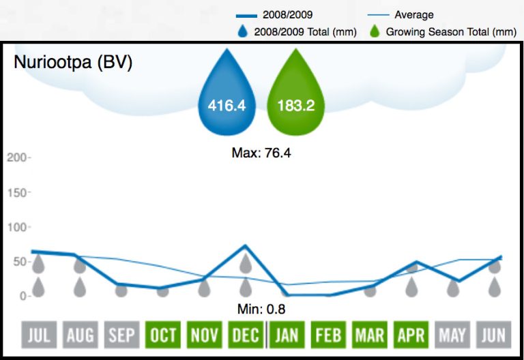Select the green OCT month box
pyautogui.click(x=162, y=335)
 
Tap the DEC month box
pyautogui.click(x=245, y=335)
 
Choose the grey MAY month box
pyautogui.click(x=452, y=335)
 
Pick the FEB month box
pyautogui.click(x=327, y=335)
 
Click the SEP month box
pyautogui.click(x=121, y=335)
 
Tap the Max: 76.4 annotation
pyautogui.click(x=261, y=153)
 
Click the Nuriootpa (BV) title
pyautogui.click(x=74, y=63)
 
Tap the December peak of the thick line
pyautogui.click(x=245, y=245)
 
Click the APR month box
pyautogui.click(x=410, y=335)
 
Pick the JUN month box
pyautogui.click(x=493, y=335)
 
